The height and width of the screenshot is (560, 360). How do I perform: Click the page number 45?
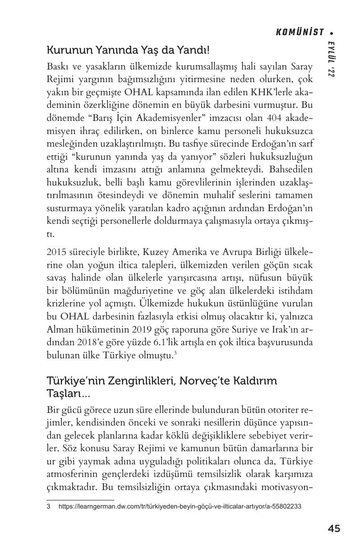pyautogui.click(x=334, y=529)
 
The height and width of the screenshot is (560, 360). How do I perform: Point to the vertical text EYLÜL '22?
pyautogui.click(x=331, y=59)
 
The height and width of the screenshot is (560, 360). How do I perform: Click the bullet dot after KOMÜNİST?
pyautogui.click(x=332, y=32)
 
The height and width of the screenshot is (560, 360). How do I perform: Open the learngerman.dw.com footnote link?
pyautogui.click(x=180, y=506)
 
